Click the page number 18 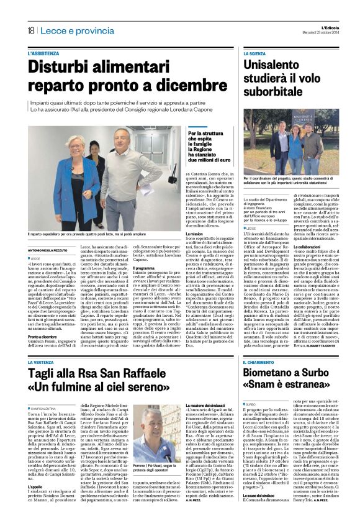coord(30,30)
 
